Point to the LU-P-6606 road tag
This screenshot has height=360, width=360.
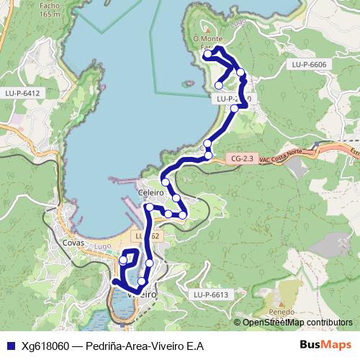[310, 65]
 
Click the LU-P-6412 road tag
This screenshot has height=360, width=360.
[22, 93]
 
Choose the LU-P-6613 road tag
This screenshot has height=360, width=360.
[210, 294]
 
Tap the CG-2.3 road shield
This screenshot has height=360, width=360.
[245, 158]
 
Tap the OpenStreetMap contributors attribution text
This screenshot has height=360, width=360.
[297, 323]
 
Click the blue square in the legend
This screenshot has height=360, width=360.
[10, 346]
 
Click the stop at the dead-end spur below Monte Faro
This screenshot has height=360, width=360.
[219, 86]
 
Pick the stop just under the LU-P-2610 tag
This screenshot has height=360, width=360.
[235, 109]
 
